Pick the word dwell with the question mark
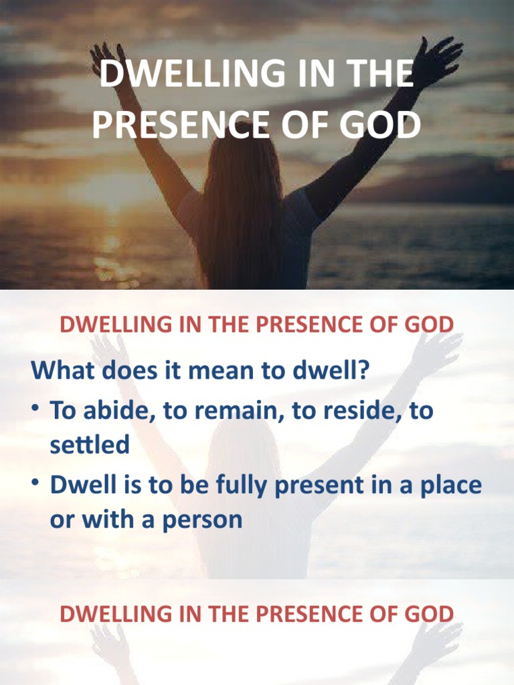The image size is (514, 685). pos(334,371)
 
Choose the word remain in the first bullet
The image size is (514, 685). pos(241,410)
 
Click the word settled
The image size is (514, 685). pos(90,445)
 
